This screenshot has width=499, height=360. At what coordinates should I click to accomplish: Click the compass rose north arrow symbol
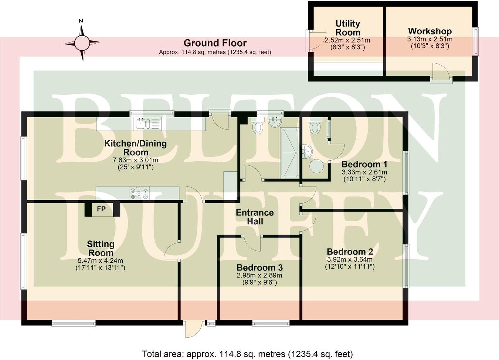click(82, 43)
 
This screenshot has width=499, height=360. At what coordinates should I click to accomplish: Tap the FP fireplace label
click(101, 209)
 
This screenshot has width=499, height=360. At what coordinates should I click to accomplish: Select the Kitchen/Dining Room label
click(135, 148)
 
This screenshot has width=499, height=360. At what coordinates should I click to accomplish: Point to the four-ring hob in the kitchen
click(139, 194)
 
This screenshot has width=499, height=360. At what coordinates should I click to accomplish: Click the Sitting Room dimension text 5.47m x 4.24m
click(101, 260)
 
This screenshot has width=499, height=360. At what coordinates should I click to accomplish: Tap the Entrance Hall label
click(255, 217)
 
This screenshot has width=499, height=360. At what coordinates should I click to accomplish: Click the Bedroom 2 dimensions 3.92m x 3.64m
click(350, 259)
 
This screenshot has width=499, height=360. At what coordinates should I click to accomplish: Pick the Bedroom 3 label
click(259, 268)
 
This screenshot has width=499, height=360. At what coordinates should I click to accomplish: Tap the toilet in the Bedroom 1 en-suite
click(315, 127)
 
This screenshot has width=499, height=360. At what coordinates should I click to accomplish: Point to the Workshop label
click(430, 31)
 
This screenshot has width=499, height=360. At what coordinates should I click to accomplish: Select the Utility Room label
click(347, 28)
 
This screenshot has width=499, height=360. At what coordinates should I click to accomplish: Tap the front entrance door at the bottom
click(194, 329)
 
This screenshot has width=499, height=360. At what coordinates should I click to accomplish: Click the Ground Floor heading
click(215, 43)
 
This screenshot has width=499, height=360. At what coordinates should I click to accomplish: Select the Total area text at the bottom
click(247, 354)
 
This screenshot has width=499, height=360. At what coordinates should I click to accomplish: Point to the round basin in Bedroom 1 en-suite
click(317, 167)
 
